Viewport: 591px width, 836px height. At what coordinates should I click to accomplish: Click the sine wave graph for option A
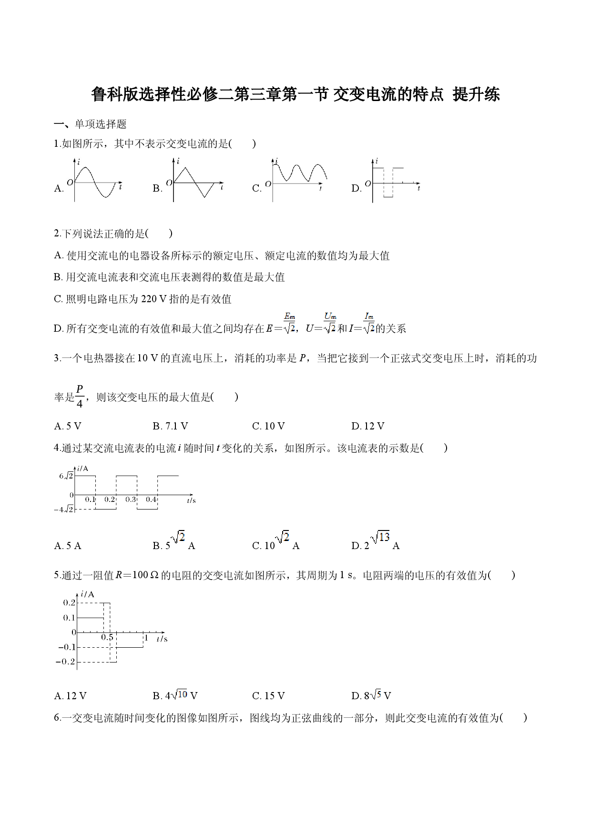[x=95, y=183]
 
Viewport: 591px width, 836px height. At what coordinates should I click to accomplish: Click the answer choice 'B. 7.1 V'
[x=170, y=426]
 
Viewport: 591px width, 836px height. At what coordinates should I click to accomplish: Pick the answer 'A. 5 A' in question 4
[x=68, y=546]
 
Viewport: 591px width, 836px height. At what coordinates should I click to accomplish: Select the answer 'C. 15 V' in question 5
[x=268, y=696]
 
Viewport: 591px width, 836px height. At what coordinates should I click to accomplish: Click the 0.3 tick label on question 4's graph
[x=131, y=500]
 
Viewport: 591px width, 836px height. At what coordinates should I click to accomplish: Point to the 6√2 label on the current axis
[x=66, y=476]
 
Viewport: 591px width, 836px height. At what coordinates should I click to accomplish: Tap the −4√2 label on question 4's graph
[x=64, y=510]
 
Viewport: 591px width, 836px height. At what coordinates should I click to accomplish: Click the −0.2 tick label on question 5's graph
[x=66, y=662]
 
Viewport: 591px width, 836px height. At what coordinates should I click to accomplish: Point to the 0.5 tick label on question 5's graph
[x=107, y=637]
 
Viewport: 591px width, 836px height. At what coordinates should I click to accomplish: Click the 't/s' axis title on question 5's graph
[x=162, y=639]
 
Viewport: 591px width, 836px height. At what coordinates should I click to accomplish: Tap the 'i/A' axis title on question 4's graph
[x=82, y=469]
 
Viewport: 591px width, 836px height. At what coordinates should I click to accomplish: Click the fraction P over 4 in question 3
[x=80, y=396]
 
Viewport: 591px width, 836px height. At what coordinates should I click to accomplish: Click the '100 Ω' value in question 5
[x=145, y=575]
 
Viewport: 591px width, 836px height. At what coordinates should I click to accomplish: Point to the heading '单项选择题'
[x=101, y=124]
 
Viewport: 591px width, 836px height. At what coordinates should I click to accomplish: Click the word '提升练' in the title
[x=476, y=94]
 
